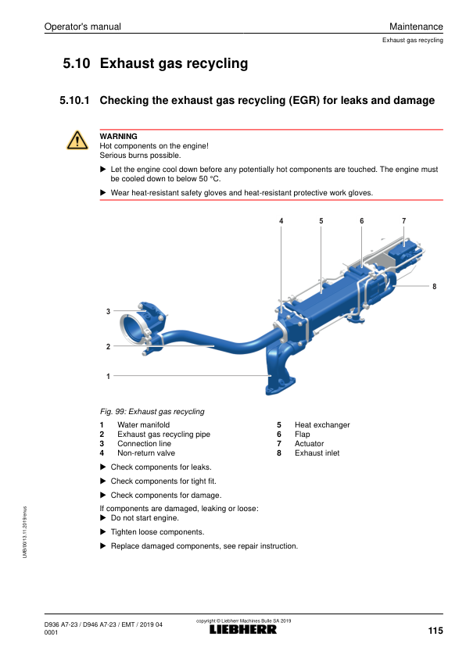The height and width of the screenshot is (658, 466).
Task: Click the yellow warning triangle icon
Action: [77, 141]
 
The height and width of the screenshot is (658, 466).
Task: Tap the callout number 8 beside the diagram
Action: [434, 287]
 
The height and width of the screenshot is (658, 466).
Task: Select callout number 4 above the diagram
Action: [281, 220]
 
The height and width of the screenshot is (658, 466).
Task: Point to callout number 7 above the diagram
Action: [404, 220]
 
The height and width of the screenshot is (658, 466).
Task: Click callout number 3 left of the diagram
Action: [109, 311]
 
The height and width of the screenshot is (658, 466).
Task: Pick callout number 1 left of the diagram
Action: [109, 377]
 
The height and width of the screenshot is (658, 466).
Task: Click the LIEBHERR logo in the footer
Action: [243, 629]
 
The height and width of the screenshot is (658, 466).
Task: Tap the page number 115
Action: [436, 631]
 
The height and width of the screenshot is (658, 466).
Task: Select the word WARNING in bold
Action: [118, 137]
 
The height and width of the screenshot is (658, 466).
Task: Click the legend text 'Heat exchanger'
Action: [322, 424]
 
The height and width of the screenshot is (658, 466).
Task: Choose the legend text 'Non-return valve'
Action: [146, 452]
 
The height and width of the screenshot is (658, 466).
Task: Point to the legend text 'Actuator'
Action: [309, 444]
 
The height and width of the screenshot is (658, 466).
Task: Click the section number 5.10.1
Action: [74, 100]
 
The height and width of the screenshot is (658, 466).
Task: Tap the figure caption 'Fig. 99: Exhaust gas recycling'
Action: [152, 412]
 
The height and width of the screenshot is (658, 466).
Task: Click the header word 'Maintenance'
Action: [416, 27]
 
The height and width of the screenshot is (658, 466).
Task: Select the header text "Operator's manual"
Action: [82, 27]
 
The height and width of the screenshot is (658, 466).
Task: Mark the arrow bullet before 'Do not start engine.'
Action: [103, 518]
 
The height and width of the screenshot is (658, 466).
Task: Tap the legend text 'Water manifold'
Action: [144, 424]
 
